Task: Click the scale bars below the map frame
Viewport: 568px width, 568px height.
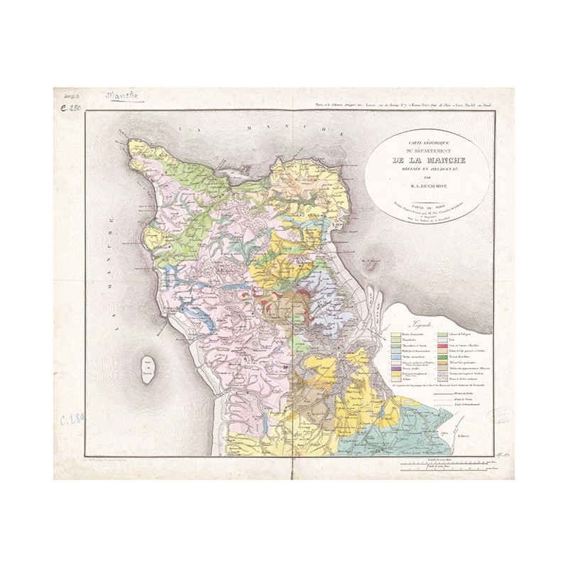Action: (447, 466)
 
